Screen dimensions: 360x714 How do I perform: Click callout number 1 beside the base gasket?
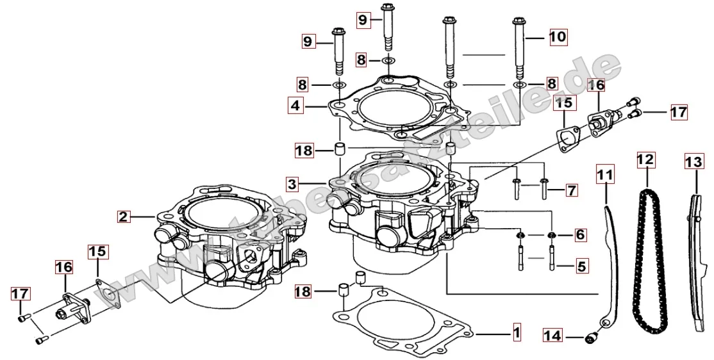pyautogui.click(x=516, y=333)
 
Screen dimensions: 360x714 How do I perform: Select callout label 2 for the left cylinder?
pyautogui.click(x=124, y=217)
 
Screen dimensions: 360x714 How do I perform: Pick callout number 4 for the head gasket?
pyautogui.click(x=295, y=106)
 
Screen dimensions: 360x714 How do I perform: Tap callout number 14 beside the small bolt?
pyautogui.click(x=552, y=335)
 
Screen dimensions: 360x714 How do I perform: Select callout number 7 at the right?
pyautogui.click(x=571, y=190)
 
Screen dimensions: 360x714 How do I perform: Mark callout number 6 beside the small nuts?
pyautogui.click(x=580, y=235)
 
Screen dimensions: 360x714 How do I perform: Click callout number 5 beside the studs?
pyautogui.click(x=581, y=265)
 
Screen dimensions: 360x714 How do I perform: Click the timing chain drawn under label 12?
pyautogui.click(x=648, y=256)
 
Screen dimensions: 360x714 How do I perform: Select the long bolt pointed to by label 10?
pyautogui.click(x=519, y=51)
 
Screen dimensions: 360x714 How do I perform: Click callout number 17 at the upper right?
pyautogui.click(x=678, y=113)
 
